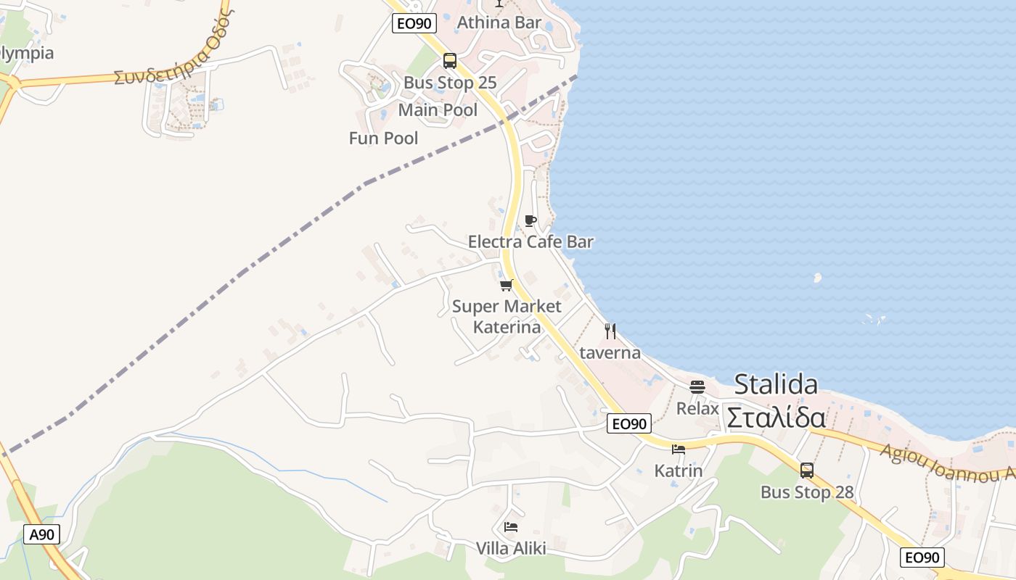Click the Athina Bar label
499,22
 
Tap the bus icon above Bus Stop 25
450,61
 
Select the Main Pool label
438,110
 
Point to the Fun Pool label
383,138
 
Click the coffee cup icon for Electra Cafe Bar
530,221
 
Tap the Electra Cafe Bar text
530,242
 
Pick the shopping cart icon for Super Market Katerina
507,285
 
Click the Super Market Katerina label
507,317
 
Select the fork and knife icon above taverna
610,331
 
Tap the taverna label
610,353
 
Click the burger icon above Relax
697,387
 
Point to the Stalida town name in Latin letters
776,384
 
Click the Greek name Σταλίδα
776,418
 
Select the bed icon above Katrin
679,449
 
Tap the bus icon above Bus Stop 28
807,471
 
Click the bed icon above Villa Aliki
511,527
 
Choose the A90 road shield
41,535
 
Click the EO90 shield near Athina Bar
414,23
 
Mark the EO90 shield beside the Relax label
629,424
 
